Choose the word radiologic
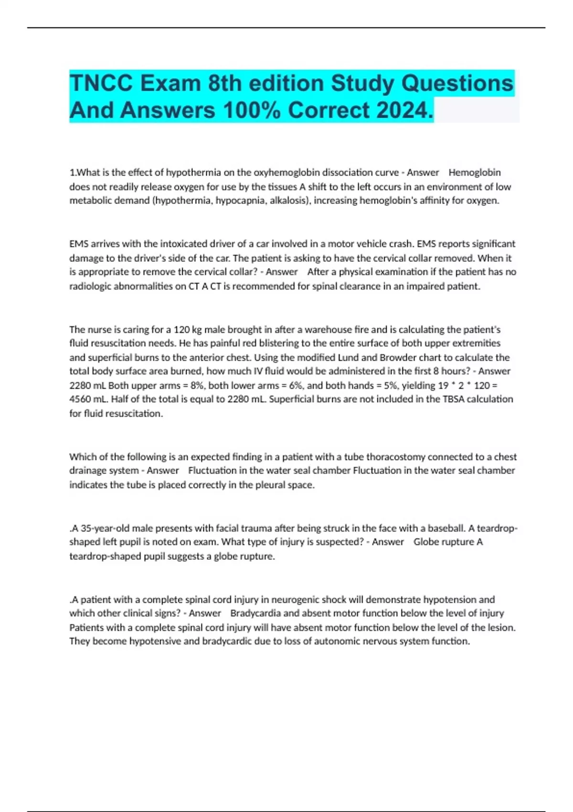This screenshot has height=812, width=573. pyautogui.click(x=90, y=287)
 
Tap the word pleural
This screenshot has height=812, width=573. pyautogui.click(x=270, y=485)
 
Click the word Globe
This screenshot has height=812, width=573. pyautogui.click(x=426, y=542)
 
